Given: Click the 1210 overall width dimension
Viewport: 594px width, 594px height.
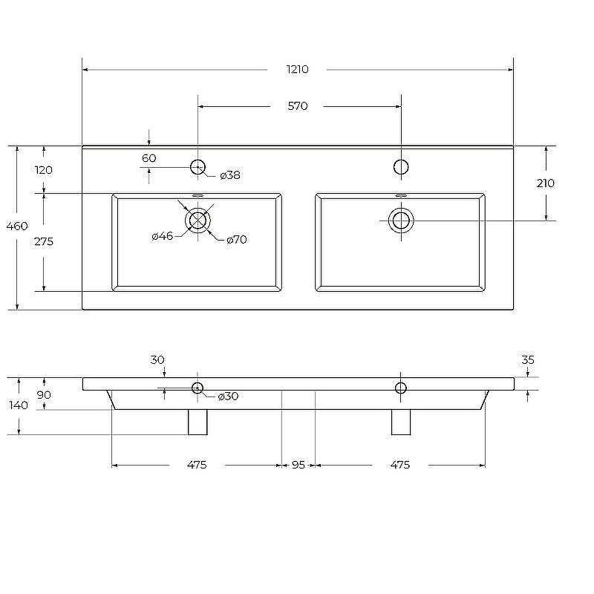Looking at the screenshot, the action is click(298, 69).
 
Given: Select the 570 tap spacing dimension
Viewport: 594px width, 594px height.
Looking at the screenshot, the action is click(298, 106).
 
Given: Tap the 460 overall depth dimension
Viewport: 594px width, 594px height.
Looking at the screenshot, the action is click(17, 226).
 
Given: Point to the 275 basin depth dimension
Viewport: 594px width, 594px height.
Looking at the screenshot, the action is click(44, 241).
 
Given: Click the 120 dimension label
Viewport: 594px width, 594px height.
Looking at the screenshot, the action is click(44, 170).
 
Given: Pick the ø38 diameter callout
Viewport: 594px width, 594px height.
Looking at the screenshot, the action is click(230, 175).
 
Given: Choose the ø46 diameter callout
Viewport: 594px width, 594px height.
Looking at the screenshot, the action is click(162, 236).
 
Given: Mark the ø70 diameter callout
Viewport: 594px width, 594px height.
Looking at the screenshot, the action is click(236, 239).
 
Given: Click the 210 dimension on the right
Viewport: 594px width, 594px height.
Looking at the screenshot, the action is click(546, 183).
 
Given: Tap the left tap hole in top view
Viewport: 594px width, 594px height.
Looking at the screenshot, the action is click(198, 166).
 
